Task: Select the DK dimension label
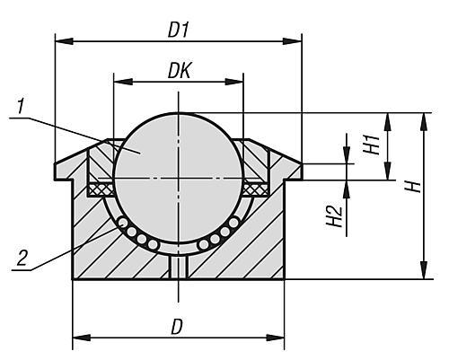177,69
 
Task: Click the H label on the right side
412,187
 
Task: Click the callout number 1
21,109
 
